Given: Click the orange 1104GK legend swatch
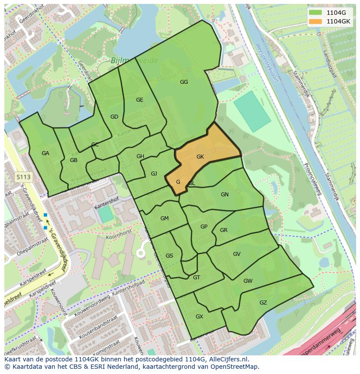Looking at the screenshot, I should pyautogui.click(x=316, y=21).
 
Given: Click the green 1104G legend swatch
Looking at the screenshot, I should pyautogui.click(x=316, y=13).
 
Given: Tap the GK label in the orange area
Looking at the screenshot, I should pyautogui.click(x=200, y=157).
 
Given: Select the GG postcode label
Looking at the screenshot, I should pyautogui.click(x=184, y=82).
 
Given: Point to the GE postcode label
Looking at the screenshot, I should pyautogui.click(x=140, y=100).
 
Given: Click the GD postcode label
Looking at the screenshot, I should pyautogui.click(x=114, y=117).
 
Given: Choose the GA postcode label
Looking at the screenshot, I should pyautogui.click(x=46, y=153).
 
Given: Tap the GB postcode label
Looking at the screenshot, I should pyautogui.click(x=73, y=160).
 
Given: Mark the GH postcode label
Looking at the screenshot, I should pyautogui.click(x=140, y=156).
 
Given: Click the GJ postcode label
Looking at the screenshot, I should pyautogui.click(x=154, y=174).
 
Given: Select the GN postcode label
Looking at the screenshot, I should pyautogui.click(x=225, y=195).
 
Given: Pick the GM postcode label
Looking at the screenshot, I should pyautogui.click(x=164, y=218).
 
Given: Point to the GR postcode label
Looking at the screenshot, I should pyautogui.click(x=224, y=230).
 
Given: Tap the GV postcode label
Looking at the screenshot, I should pyautogui.click(x=237, y=254).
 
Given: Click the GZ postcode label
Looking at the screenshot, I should pyautogui.click(x=263, y=303).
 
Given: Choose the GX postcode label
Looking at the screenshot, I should pyautogui.click(x=199, y=317).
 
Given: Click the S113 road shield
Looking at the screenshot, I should pyautogui.click(x=23, y=177).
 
